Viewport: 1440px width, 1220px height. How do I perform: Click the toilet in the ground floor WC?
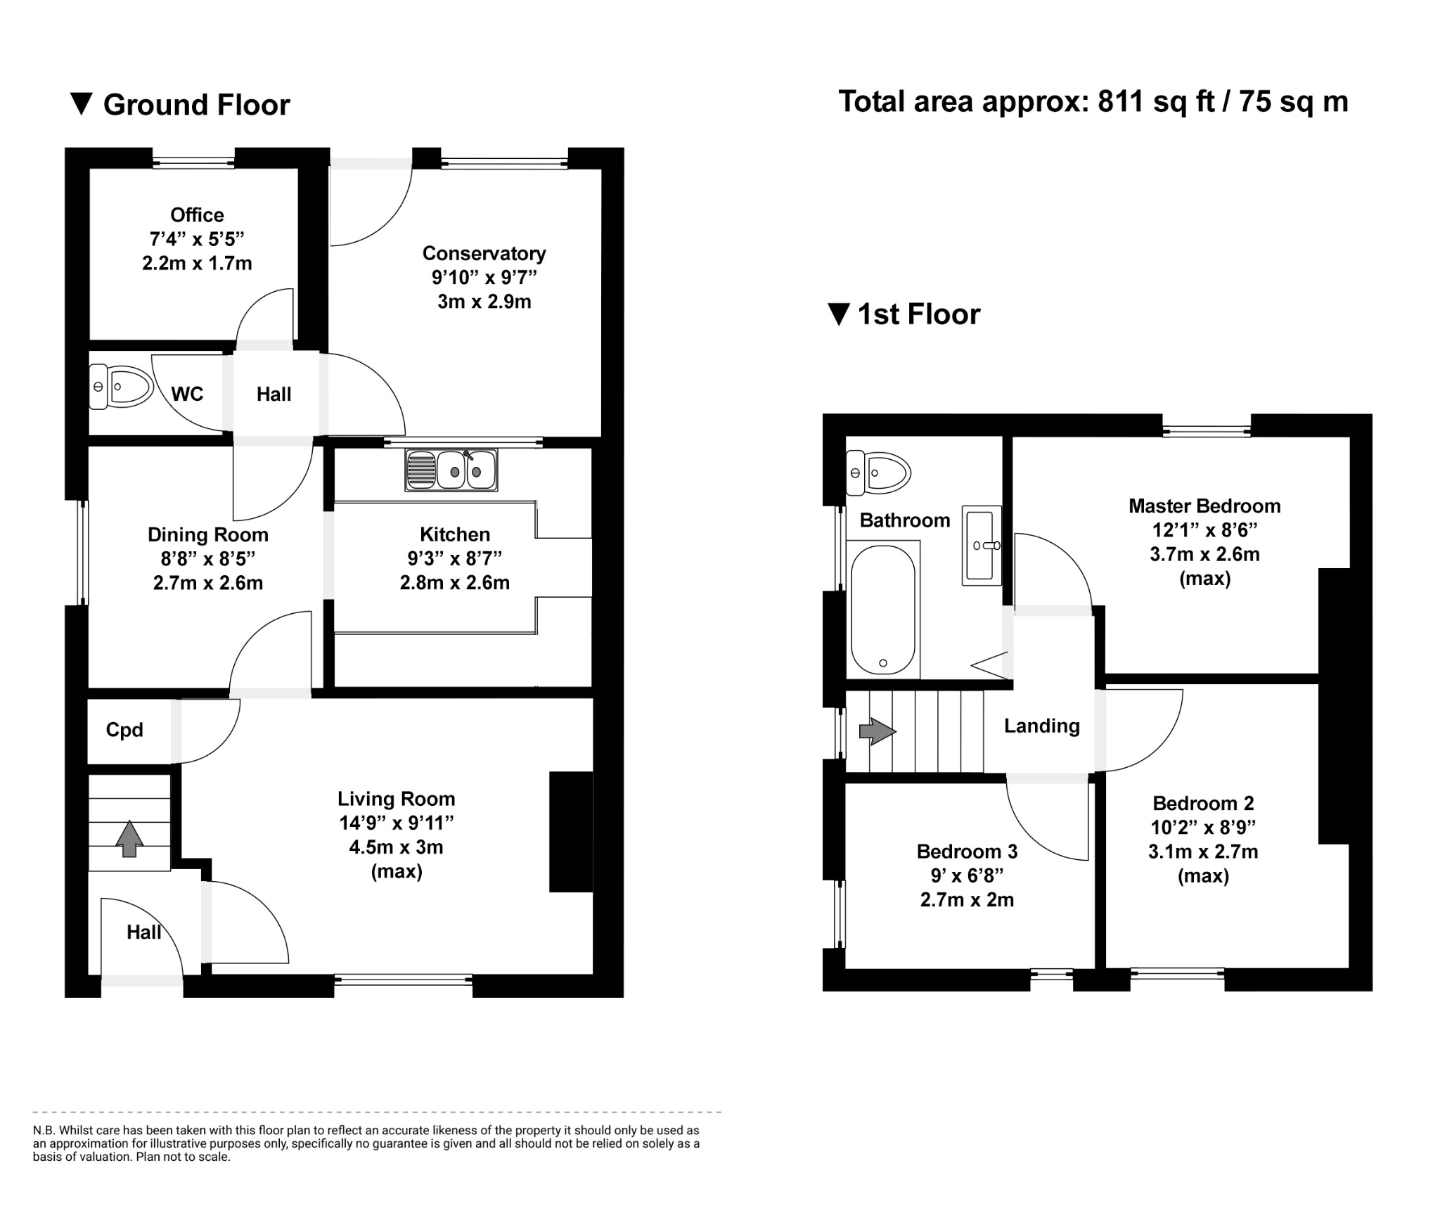pyautogui.click(x=122, y=386)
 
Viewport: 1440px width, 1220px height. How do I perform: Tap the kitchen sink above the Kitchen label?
pyautogui.click(x=451, y=470)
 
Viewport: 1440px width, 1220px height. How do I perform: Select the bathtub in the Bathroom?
pyautogui.click(x=883, y=609)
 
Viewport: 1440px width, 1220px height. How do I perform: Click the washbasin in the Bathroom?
pyautogui.click(x=982, y=545)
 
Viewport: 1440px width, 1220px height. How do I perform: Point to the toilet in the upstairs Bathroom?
pyautogui.click(x=880, y=472)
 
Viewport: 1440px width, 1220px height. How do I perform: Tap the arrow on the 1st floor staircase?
pyautogui.click(x=877, y=731)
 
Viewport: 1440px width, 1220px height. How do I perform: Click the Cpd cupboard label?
pyautogui.click(x=124, y=730)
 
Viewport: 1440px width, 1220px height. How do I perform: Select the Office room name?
pyautogui.click(x=197, y=215)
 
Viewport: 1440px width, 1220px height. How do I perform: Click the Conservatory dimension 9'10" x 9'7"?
pyautogui.click(x=484, y=278)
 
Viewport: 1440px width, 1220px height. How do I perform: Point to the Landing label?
pyautogui.click(x=1041, y=726)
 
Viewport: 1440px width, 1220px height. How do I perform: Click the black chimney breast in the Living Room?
pyautogui.click(x=571, y=832)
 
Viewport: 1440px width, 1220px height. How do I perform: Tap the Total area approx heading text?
pyautogui.click(x=1093, y=102)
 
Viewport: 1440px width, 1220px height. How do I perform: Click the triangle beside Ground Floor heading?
pyautogui.click(x=82, y=104)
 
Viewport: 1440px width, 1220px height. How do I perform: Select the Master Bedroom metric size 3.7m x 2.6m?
pyautogui.click(x=1204, y=554)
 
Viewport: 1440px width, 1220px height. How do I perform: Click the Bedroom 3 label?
pyautogui.click(x=967, y=852)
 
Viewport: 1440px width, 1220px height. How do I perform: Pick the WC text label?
pyautogui.click(x=187, y=394)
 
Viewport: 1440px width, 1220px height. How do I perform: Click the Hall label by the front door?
pyautogui.click(x=143, y=932)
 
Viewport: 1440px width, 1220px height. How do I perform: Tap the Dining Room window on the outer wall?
pyautogui.click(x=83, y=552)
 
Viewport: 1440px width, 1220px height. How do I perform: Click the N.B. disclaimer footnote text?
pyautogui.click(x=366, y=1143)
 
